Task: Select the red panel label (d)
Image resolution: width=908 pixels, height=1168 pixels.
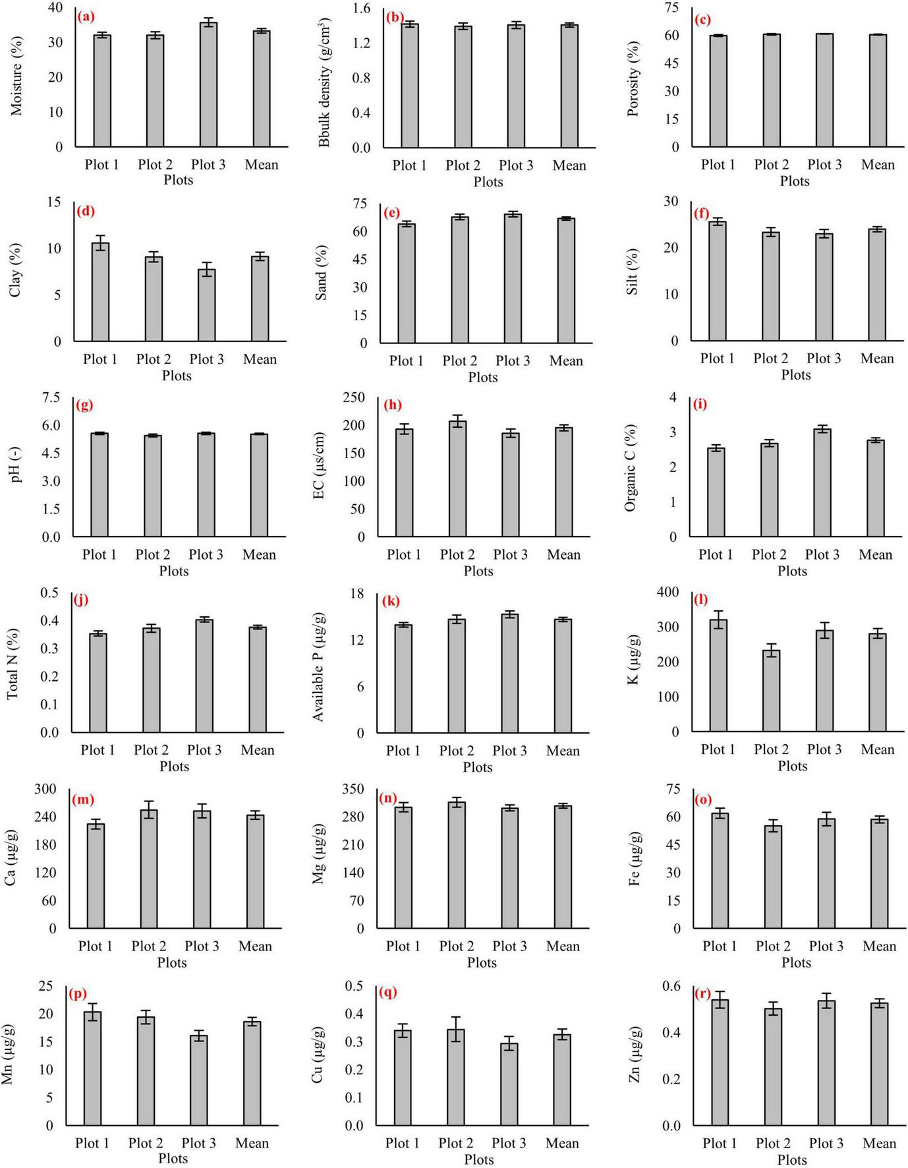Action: (86, 212)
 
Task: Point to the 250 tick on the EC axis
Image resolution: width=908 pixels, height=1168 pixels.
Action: (354, 397)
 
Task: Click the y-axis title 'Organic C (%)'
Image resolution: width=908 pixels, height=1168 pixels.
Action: (631, 468)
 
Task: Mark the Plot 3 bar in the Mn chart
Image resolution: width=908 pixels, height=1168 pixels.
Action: (198, 1080)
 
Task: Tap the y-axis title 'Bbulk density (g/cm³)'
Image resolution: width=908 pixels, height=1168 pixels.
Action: (324, 82)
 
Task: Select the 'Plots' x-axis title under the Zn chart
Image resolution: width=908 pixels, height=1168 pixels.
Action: (792, 1160)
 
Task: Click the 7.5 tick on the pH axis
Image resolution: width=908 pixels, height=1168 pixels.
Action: (51, 397)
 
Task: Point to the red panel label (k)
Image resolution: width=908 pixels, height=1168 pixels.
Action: (391, 601)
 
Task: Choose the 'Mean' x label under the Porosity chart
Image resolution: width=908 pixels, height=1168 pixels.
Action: (878, 165)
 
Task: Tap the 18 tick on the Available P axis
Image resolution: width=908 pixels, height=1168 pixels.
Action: (356, 594)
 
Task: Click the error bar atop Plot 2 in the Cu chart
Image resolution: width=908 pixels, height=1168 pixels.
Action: (456, 1029)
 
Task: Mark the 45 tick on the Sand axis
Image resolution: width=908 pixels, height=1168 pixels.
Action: (360, 260)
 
